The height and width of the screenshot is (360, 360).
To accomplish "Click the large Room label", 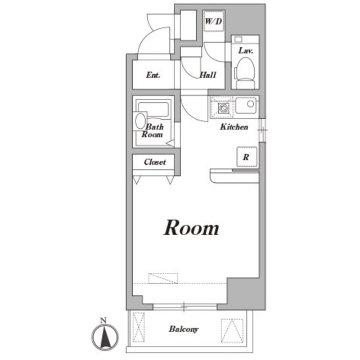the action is pyautogui.click(x=191, y=228).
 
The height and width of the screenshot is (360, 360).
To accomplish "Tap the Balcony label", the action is pyautogui.click(x=184, y=329).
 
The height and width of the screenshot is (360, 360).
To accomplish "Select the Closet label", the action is pyautogui.click(x=155, y=162).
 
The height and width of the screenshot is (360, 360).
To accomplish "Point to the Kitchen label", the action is pyautogui.click(x=234, y=127).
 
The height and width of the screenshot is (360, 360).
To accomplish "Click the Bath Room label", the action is pyautogui.click(x=152, y=130).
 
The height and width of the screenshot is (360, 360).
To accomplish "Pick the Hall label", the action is pyautogui.click(x=208, y=75).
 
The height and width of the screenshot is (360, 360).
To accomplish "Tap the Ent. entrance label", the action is pyautogui.click(x=153, y=75).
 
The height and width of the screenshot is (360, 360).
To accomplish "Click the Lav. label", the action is pyautogui.click(x=245, y=51).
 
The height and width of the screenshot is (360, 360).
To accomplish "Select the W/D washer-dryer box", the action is pyautogui.click(x=214, y=21).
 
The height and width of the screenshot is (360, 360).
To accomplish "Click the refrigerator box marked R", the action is pyautogui.click(x=246, y=157).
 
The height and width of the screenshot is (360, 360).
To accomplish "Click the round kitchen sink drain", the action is pyautogui.click(x=250, y=104).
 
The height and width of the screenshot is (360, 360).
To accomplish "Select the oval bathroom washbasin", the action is pyautogui.click(x=140, y=120).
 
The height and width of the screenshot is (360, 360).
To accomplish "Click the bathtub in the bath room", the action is pyautogui.click(x=154, y=109).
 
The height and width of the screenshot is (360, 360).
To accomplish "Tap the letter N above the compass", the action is pyautogui.click(x=103, y=321).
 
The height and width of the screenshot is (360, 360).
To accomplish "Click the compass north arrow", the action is pyautogui.click(x=105, y=337).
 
